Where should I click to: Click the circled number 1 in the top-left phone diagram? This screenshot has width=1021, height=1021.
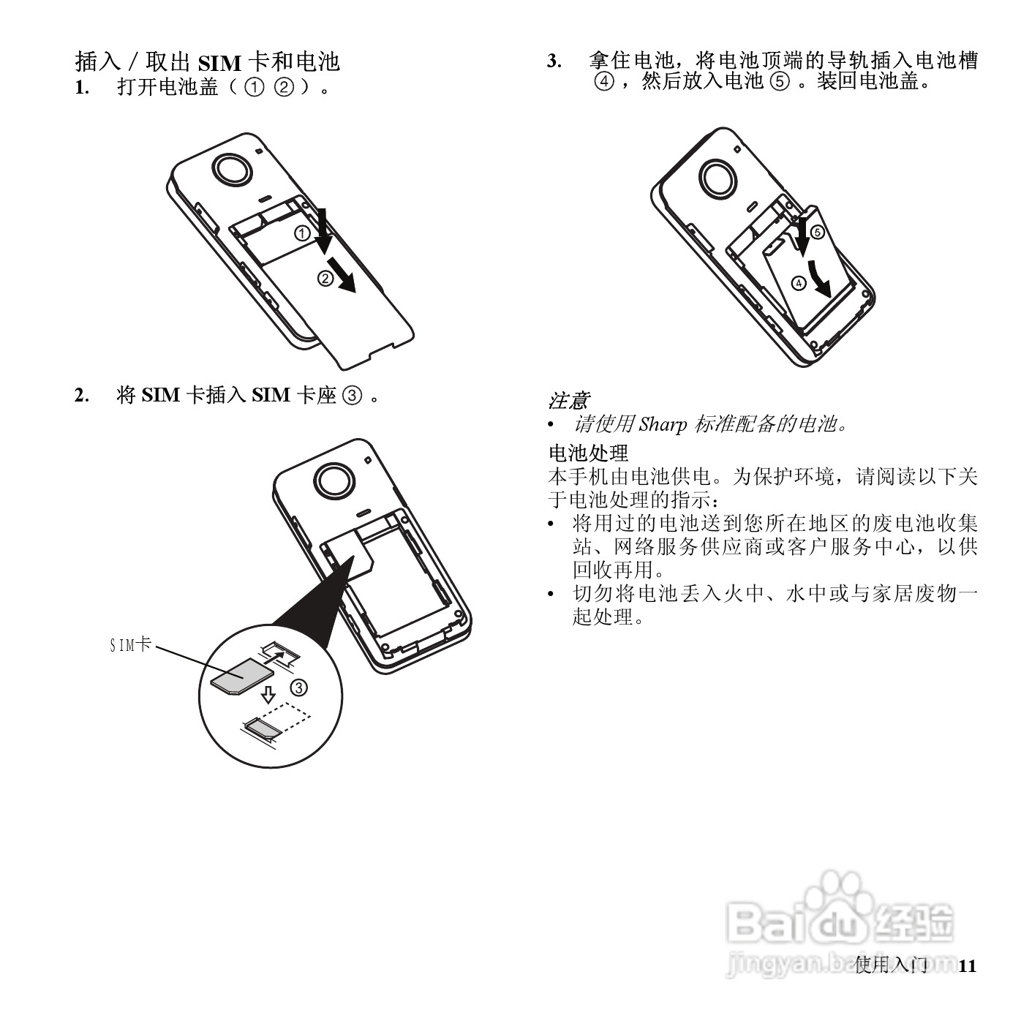[x=301, y=233]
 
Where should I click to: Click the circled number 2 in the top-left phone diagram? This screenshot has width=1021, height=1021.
[x=325, y=278]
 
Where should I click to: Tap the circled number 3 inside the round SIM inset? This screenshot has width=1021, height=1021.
[x=299, y=687]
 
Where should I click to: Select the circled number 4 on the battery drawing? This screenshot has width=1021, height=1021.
[x=799, y=282]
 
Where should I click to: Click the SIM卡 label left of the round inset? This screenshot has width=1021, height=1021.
[x=130, y=645]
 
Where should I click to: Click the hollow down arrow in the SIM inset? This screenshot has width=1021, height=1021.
[x=268, y=693]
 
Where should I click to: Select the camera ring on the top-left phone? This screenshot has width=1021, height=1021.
[x=233, y=170]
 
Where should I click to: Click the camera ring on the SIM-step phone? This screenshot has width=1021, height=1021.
[x=336, y=481]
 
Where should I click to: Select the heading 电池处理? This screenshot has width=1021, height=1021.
[x=588, y=453]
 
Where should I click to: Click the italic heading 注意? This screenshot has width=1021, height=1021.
[x=568, y=401]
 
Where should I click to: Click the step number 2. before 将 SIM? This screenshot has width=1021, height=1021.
[x=82, y=396]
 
